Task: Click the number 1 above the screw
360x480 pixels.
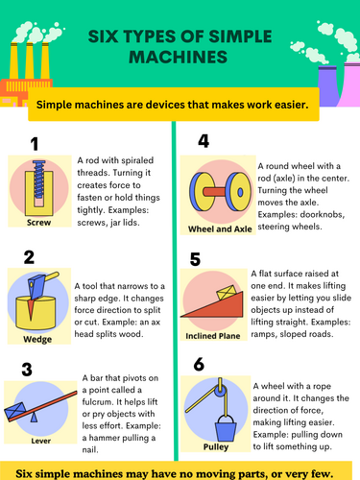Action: click(35, 144)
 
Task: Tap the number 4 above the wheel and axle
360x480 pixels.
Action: click(204, 141)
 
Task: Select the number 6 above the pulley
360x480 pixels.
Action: click(199, 364)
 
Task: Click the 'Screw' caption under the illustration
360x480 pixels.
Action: click(38, 223)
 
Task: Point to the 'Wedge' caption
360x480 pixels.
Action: click(37, 339)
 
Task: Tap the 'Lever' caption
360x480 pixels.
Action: click(41, 441)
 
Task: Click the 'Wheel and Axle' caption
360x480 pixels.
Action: click(220, 229)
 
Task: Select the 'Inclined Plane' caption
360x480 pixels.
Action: click(213, 336)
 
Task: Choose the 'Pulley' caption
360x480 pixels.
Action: click(216, 446)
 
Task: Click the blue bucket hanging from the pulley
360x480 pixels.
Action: click(226, 428)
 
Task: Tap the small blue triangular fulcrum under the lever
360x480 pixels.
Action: click(34, 418)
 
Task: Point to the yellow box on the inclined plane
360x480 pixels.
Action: click(227, 293)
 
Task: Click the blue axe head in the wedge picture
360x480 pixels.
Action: click(36, 286)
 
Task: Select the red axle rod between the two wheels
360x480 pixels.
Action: click(215, 192)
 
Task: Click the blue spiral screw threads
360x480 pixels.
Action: click(39, 180)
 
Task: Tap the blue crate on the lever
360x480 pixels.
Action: click(14, 410)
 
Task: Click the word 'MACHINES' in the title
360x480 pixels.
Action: click(178, 58)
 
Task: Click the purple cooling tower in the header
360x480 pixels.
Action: click(328, 85)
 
